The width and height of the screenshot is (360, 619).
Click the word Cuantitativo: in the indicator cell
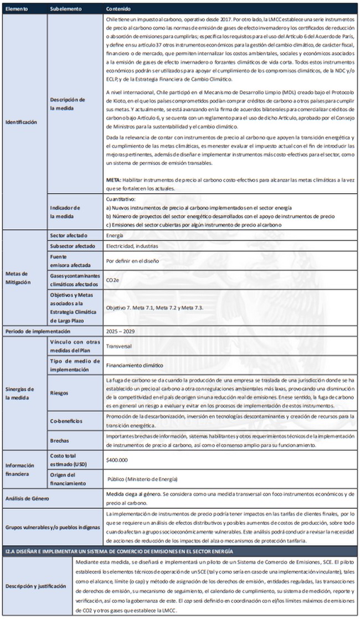pyautogui.click(x=120, y=199)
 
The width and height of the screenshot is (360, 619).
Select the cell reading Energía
pyautogui.click(x=115, y=235)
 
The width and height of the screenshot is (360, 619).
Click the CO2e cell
pyautogui.click(x=112, y=281)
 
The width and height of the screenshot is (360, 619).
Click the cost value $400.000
pyautogui.click(x=117, y=460)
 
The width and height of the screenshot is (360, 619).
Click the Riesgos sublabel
pyautogui.click(x=59, y=393)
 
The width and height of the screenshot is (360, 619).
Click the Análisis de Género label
pyautogui.click(x=28, y=498)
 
